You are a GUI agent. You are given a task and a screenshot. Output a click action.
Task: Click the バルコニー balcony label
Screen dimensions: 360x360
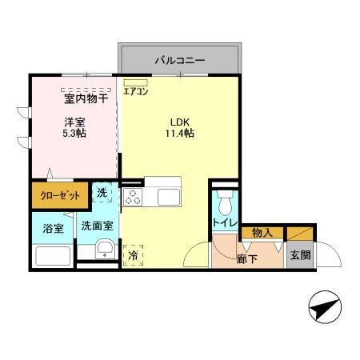click(180, 59)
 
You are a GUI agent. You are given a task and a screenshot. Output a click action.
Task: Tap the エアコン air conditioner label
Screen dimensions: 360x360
click(135, 91)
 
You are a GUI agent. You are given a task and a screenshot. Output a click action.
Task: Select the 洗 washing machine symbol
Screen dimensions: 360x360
click(103, 192)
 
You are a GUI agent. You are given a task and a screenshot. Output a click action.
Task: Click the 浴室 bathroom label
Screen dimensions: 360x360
click(53, 228)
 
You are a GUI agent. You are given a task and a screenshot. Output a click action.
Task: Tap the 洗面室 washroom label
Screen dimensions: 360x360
click(97, 227)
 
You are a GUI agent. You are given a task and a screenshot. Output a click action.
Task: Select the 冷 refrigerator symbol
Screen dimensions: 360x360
click(132, 255)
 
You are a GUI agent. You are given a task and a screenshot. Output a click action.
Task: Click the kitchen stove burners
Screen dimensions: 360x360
click(133, 196)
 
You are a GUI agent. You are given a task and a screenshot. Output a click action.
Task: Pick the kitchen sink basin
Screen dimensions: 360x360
click(169, 196)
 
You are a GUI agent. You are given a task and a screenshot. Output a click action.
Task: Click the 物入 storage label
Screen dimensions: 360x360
click(262, 233)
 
